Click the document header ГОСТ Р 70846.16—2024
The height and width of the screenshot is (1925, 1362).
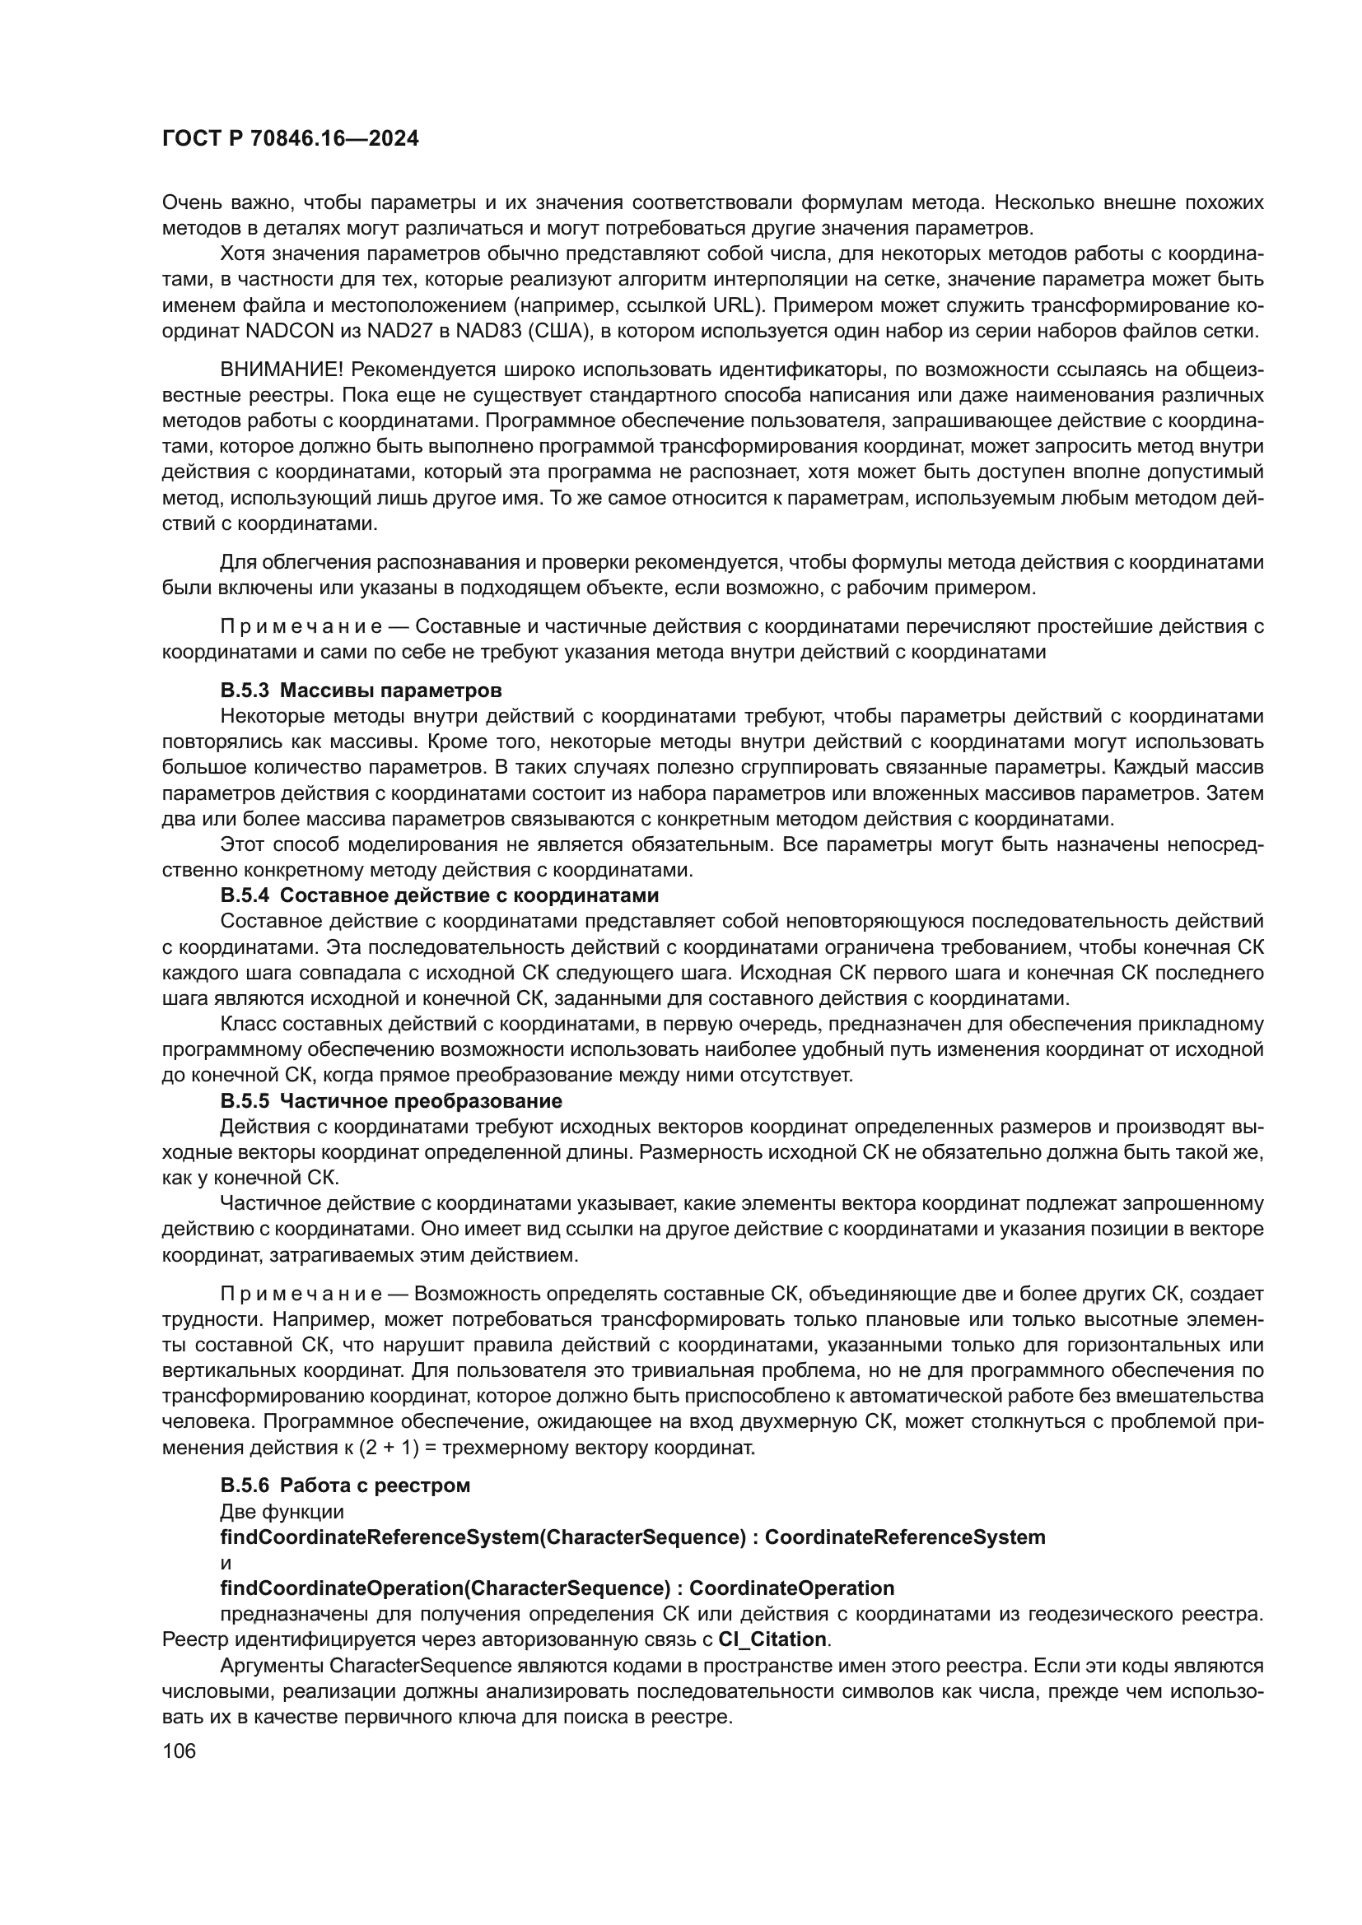(290, 139)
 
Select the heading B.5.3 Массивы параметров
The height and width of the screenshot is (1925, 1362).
(361, 690)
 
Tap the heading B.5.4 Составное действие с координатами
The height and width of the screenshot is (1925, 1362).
(440, 895)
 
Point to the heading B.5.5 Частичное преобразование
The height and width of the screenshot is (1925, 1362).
(391, 1100)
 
